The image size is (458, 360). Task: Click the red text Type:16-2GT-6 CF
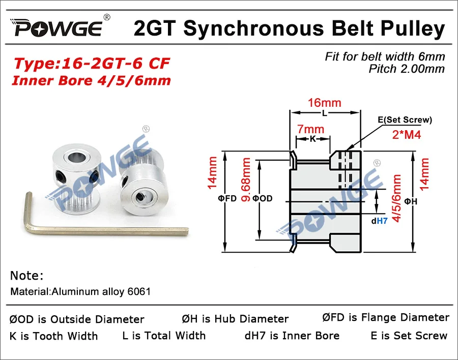coord(92,64)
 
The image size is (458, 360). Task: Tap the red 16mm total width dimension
coord(324,103)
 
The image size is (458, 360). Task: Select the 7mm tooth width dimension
coord(311,130)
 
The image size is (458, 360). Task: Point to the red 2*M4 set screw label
coord(406,135)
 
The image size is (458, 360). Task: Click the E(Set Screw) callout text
coord(405,120)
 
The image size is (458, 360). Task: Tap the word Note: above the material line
coord(27,276)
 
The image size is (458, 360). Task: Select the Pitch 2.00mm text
coord(407,69)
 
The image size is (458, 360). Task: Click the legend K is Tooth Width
coord(53,336)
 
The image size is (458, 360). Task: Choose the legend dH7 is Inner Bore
coord(292,336)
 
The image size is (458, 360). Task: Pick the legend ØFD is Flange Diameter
coord(386,318)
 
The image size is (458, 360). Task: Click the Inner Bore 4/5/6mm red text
coord(92,80)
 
